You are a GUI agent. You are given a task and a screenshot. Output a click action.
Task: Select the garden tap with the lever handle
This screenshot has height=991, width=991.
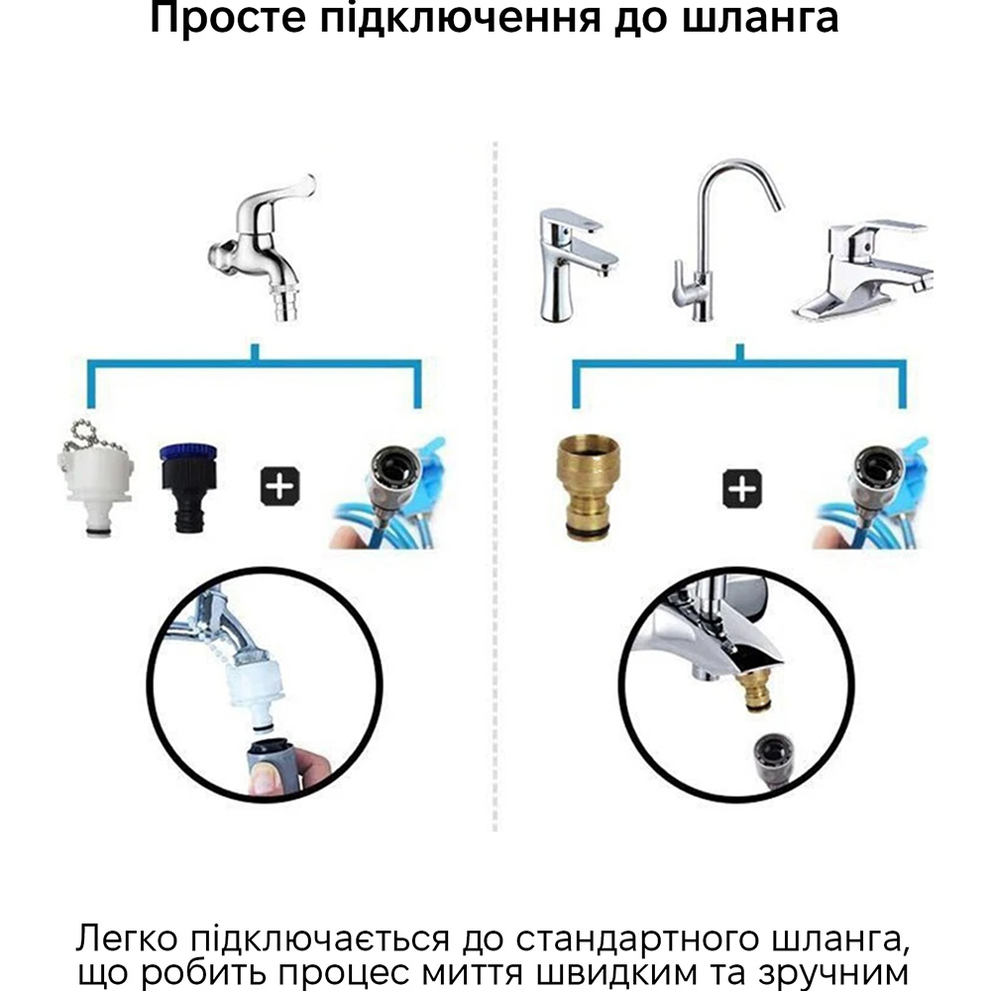click(262, 248)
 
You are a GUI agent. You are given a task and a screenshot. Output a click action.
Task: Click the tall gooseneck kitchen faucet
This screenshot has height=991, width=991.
click(727, 240)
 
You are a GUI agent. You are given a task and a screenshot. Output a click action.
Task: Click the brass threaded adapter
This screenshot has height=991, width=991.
click(588, 488)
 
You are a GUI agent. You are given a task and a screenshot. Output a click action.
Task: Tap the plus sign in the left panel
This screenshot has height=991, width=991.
click(280, 487)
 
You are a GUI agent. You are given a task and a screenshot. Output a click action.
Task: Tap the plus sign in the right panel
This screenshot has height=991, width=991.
click(742, 489)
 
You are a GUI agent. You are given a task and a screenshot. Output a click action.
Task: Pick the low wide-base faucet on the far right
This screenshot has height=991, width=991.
click(863, 271)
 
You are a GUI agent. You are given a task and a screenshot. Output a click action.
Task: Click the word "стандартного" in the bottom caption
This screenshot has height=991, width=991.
click(637, 939)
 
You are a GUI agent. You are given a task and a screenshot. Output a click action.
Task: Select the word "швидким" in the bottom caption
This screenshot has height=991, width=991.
click(611, 973)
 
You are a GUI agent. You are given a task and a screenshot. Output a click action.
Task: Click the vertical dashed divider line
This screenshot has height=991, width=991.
click(495, 487)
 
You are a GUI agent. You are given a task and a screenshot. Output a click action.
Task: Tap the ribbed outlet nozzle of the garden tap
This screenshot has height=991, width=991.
click(287, 303)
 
